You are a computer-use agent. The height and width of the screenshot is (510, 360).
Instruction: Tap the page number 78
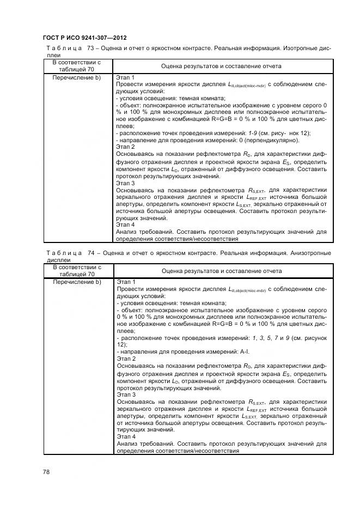pyautogui.click(x=46, y=472)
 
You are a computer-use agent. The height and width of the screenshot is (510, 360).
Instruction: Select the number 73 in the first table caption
pyautogui.click(x=90, y=48)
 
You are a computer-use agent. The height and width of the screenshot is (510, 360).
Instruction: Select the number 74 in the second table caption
pyautogui.click(x=90, y=253)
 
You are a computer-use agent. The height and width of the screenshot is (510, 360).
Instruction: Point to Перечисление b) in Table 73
pyautogui.click(x=77, y=78)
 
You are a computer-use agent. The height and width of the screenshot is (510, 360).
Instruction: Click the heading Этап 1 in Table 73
pyautogui.click(x=126, y=78)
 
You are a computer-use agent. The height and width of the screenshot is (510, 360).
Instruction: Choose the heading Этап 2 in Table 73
pyautogui.click(x=126, y=147)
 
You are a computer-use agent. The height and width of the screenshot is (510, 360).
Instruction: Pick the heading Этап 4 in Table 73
pyautogui.click(x=126, y=224)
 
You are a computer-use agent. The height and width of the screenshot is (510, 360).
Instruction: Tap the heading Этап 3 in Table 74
pyautogui.click(x=126, y=394)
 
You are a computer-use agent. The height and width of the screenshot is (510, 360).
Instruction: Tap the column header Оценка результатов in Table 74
pyautogui.click(x=221, y=271)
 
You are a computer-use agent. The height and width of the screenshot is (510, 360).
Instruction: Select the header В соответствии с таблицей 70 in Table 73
pyautogui.click(x=77, y=66)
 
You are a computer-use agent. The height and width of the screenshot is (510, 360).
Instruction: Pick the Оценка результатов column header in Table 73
pyautogui.click(x=221, y=66)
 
